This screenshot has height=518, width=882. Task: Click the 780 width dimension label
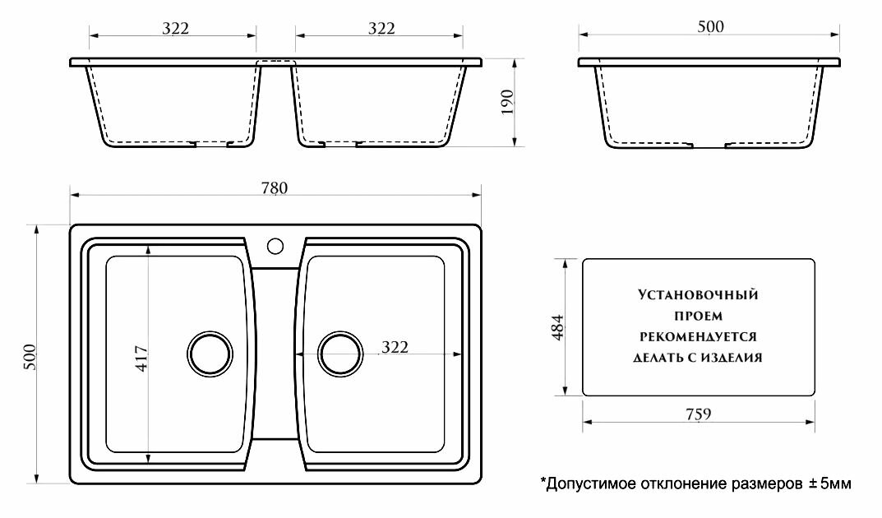coord(275,187)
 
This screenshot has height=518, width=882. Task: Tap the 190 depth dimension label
coord(507,103)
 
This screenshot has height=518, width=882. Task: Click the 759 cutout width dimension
coord(696,413)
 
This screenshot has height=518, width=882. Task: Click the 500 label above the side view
coord(709,27)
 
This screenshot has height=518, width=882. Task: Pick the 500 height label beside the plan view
coord(30,355)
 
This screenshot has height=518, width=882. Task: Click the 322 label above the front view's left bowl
coord(176,29)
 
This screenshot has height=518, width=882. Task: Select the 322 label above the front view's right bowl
coord(381,29)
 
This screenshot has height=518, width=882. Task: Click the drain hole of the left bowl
coord(210,354)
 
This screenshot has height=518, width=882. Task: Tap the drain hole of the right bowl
coord(339,354)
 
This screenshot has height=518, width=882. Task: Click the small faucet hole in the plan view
coord(275,245)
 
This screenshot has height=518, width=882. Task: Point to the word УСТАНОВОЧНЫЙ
coord(698,294)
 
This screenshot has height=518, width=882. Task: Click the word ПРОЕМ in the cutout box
coord(698,316)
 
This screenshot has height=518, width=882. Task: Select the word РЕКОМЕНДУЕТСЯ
coord(698,336)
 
